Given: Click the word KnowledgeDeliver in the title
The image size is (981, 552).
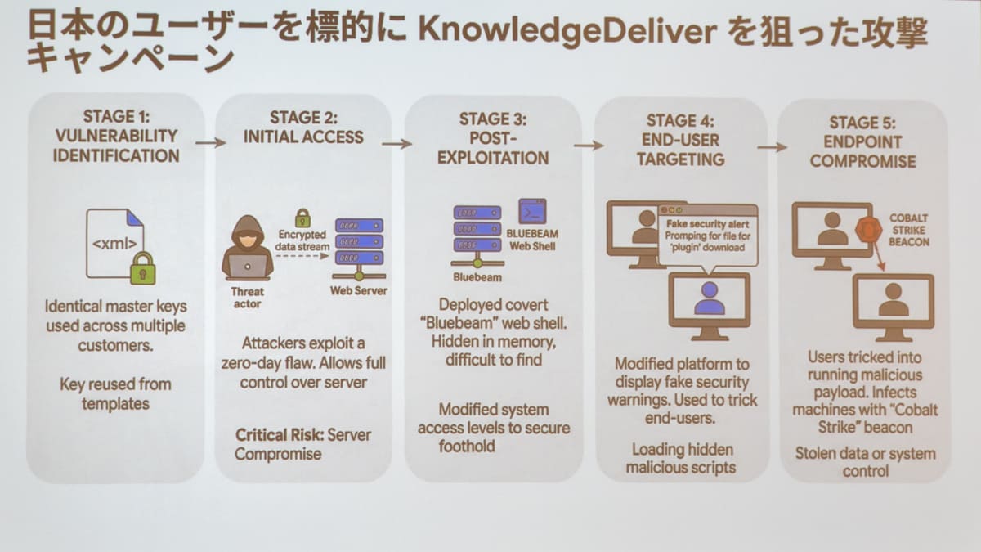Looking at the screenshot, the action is click(x=567, y=32).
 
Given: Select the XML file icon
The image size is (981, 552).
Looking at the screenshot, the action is click(x=115, y=243).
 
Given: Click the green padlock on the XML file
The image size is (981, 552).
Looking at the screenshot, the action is click(x=143, y=268).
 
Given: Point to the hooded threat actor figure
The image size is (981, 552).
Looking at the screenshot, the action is click(x=248, y=248).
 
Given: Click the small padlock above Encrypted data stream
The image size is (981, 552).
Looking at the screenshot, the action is click(x=302, y=218).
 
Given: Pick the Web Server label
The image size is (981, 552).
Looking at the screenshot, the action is click(x=359, y=290).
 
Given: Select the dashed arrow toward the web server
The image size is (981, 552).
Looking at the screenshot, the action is click(x=302, y=256).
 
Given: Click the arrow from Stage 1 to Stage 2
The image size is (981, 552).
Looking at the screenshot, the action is click(x=211, y=142).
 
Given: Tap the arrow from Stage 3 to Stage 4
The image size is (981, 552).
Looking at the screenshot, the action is click(x=589, y=146).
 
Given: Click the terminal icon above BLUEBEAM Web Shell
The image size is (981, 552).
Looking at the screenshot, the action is click(x=532, y=212).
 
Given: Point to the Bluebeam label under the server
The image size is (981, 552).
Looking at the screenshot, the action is click(x=477, y=277).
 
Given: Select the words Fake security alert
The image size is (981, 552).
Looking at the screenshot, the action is click(x=708, y=224).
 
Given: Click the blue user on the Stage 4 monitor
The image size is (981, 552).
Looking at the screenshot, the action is click(x=709, y=298).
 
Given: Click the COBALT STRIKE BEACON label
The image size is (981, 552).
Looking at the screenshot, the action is click(x=909, y=230).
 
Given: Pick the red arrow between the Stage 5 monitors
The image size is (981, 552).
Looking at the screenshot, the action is click(x=879, y=257).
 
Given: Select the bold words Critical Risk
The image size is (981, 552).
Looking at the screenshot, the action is click(x=280, y=435).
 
